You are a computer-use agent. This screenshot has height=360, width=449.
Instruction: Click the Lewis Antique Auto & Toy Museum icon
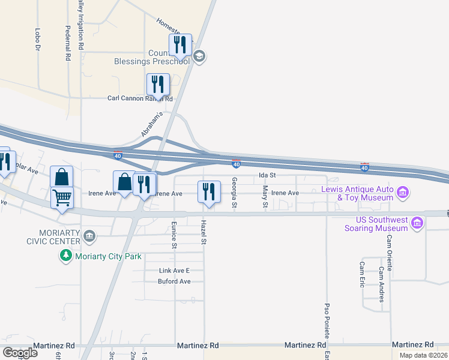403,193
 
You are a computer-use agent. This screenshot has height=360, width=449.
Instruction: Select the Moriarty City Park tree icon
66,256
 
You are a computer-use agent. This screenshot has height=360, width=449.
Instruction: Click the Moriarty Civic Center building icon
90,235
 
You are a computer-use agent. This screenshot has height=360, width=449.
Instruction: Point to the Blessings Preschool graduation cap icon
199,57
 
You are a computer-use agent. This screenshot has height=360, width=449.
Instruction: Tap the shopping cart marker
62,197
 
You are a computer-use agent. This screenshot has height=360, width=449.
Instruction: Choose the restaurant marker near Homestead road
180,44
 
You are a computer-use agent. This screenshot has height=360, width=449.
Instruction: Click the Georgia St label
235,193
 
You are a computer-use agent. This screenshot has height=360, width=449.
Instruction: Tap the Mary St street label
265,197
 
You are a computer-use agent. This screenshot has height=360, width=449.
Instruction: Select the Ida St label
267,175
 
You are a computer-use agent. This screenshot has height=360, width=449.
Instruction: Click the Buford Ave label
174,281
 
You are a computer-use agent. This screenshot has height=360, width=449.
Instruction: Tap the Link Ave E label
174,271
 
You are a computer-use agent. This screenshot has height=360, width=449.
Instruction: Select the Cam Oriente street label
390,253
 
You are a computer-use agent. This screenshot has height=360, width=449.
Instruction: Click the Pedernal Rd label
68,44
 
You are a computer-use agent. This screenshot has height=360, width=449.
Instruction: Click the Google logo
20,353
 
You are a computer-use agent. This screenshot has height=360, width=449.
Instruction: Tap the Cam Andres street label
381,284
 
